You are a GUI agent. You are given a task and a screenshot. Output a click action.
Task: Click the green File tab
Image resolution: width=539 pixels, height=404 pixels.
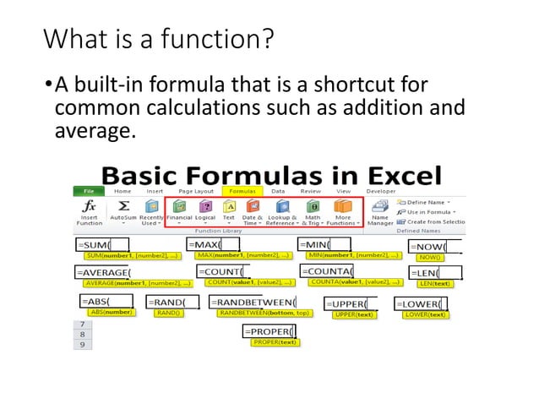click(x=87, y=190)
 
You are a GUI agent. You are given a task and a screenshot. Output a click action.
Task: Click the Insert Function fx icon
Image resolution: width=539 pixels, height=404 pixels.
click(x=89, y=205)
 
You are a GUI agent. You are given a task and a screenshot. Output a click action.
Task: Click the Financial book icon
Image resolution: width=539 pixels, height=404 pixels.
click(x=178, y=205)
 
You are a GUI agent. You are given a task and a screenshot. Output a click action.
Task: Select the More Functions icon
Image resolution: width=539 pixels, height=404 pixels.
click(x=343, y=205)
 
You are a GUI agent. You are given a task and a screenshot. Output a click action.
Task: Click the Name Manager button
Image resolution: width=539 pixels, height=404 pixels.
click(x=379, y=211)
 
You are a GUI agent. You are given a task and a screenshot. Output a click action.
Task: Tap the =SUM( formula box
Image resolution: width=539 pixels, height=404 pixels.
click(x=101, y=244)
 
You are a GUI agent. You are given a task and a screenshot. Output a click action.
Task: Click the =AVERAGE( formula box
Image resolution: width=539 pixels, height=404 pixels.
click(x=105, y=272)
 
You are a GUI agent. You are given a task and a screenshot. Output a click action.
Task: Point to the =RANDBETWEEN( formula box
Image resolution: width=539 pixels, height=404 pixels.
click(x=253, y=302)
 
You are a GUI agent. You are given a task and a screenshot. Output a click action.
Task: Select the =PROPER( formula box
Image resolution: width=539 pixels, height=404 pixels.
click(x=269, y=330)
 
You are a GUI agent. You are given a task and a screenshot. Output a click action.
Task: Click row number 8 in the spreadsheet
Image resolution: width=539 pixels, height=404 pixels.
click(x=82, y=334)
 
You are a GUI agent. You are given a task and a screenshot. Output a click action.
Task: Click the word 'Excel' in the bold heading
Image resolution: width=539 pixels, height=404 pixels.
click(x=396, y=175)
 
